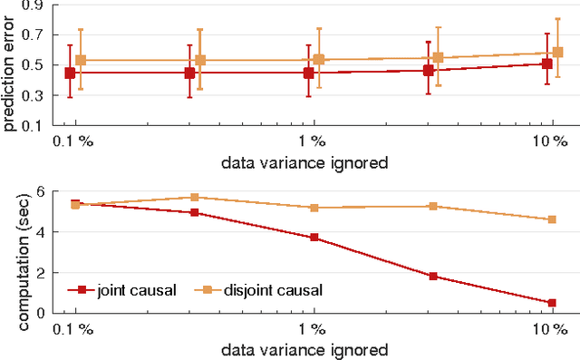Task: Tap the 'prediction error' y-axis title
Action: (11, 65)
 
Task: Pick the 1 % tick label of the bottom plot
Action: (313, 329)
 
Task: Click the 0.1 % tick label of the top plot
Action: (73, 141)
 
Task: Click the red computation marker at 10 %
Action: (551, 303)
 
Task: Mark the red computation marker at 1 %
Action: (314, 238)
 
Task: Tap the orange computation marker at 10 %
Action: (551, 219)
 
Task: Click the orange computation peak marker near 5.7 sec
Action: (195, 197)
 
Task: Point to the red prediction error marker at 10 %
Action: (547, 63)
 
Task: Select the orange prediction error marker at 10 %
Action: (557, 52)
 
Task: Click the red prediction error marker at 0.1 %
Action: (70, 73)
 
